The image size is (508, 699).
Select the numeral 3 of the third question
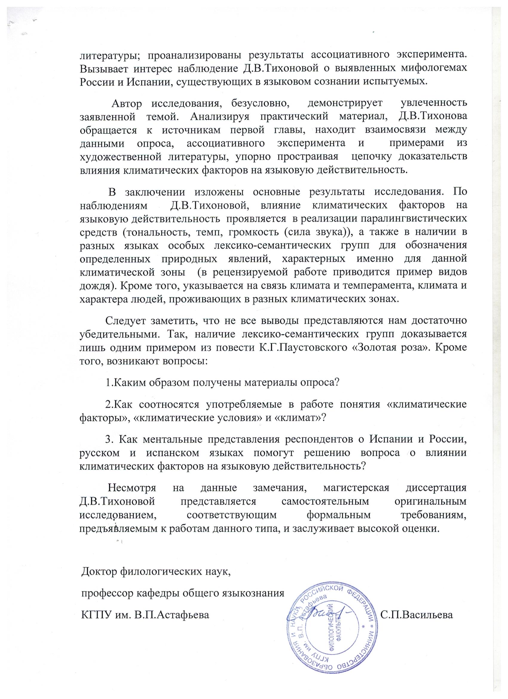108,440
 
